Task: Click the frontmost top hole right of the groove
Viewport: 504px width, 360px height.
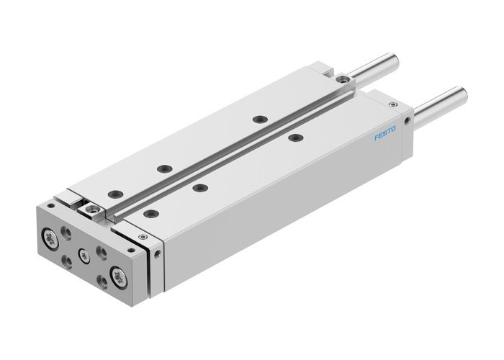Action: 150,212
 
